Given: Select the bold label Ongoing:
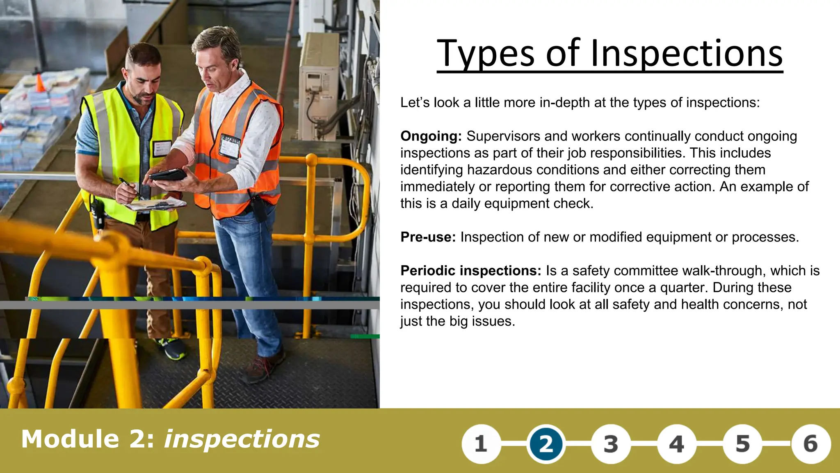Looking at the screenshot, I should pos(431,136).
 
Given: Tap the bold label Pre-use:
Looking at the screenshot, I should pos(428,237).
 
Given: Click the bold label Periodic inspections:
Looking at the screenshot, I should pos(471,271).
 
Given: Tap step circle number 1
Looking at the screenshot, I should pos(481,444).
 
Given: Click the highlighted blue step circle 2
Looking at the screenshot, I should pos(546,444).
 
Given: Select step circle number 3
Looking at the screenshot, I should pos(611,444).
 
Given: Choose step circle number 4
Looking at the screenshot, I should pos(676,444).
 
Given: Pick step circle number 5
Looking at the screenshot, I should pos(742,444).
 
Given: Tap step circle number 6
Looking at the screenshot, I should pos(810,444).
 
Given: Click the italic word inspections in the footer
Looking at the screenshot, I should pos(242,439).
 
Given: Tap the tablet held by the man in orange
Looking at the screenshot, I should pos(168,175).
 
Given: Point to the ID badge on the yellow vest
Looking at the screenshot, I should pos(162,148).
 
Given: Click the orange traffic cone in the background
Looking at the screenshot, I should pos(40,83).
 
